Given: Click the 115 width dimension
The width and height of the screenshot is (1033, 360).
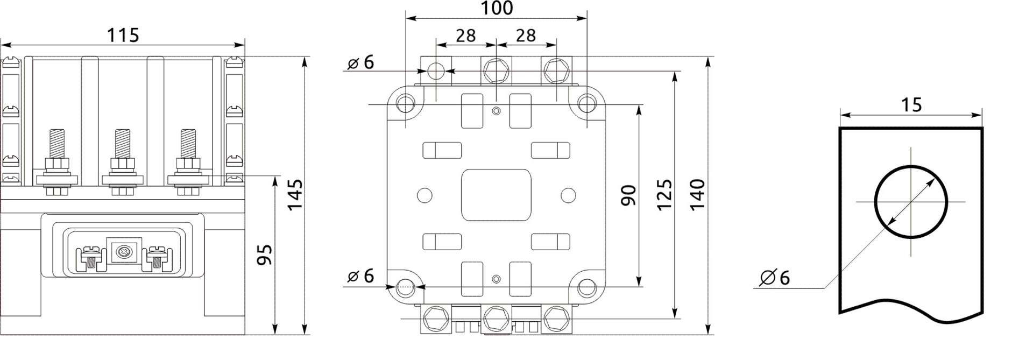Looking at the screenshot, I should coord(123,36).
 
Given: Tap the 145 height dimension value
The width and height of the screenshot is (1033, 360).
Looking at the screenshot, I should coord(294,195).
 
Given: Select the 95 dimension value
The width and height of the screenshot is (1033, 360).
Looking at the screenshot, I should coord(264,255).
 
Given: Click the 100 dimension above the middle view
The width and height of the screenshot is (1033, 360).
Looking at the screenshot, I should coord(496,9).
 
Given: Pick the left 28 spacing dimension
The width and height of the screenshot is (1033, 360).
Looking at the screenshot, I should coord(465,36).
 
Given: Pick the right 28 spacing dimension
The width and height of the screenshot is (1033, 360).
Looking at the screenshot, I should coord(526,36).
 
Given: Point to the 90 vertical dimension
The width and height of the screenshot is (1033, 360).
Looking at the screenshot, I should coord(628,195).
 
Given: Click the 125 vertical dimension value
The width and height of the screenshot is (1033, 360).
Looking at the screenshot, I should coord(664,195).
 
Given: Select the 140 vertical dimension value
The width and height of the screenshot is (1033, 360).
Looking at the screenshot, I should coord(697,195).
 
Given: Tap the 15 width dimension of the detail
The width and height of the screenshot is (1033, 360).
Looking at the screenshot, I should coord(911,104).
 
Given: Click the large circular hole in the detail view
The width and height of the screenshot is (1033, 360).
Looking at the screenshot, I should coord(910,202).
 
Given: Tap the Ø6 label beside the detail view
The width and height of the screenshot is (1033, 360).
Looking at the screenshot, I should coord(775,278).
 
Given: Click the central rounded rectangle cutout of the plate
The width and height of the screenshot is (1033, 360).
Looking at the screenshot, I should coord(496,195).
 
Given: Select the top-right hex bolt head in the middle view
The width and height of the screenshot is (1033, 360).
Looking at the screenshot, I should coord(556,70).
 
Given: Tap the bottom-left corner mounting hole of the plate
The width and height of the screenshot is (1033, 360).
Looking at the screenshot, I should coord(405,287).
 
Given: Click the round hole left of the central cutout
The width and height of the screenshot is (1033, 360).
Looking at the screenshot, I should coord(424,195).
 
